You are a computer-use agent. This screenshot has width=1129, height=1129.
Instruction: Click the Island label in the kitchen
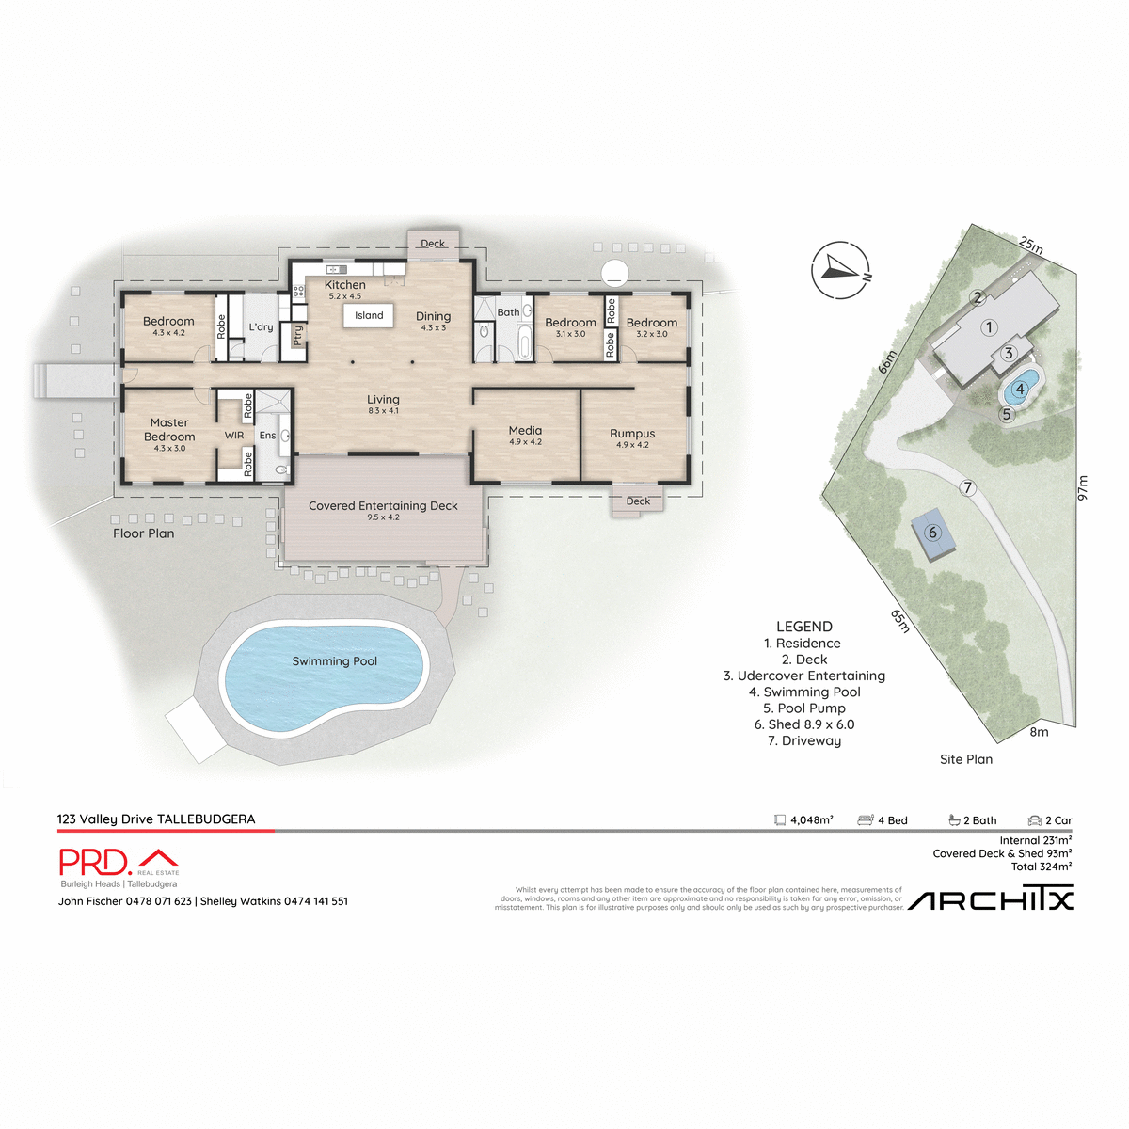(369, 316)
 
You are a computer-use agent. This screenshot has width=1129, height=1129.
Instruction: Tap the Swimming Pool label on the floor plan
(334, 661)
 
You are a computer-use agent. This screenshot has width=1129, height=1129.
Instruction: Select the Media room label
(525, 431)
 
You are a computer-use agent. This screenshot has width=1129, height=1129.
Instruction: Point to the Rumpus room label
(632, 434)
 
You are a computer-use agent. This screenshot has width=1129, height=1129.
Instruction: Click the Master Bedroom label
(169, 430)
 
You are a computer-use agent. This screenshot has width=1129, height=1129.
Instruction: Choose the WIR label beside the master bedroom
(234, 436)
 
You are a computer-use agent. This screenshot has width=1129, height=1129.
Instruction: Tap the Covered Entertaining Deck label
(383, 506)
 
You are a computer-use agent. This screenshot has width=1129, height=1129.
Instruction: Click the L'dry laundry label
(261, 327)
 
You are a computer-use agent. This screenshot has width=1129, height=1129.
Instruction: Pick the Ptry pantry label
(298, 335)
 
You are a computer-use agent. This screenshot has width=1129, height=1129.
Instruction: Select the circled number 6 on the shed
(933, 533)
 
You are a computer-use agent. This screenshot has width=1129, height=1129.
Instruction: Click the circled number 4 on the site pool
(1019, 389)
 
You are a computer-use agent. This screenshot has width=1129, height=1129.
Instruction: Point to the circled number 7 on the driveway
(967, 487)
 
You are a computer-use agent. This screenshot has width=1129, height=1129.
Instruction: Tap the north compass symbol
(839, 271)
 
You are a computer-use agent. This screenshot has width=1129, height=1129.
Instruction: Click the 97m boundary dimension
(1082, 487)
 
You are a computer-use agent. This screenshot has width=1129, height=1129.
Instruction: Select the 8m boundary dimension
(1039, 732)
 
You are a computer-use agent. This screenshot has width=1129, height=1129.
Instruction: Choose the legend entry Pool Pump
(804, 708)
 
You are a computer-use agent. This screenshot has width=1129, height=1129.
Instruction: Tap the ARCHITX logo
(991, 900)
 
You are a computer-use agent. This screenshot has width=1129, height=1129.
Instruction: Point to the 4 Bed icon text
(892, 820)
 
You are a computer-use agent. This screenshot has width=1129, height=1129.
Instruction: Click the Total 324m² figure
(1041, 867)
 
